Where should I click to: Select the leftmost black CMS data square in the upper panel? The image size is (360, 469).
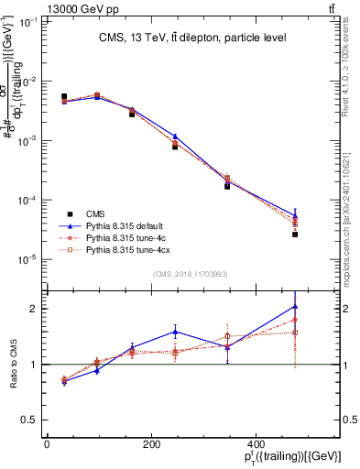pyautogui.click(x=64, y=96)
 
